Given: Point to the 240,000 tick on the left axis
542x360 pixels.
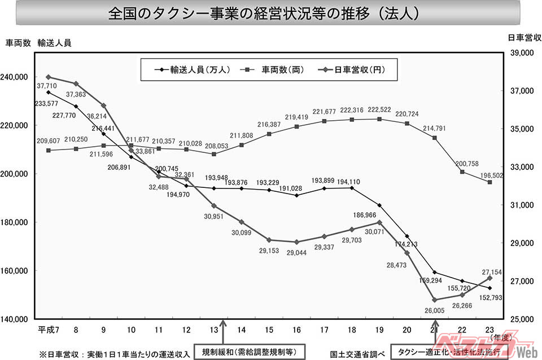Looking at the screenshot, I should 17,77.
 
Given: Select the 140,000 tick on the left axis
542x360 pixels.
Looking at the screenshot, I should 17,319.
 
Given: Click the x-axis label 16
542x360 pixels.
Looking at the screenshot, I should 296,330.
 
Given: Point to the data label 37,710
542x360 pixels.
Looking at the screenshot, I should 49,86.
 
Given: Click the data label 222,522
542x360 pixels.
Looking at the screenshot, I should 379,109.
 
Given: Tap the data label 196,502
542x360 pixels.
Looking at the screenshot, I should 491,175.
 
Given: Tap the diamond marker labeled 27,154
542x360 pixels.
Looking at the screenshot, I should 489,278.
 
